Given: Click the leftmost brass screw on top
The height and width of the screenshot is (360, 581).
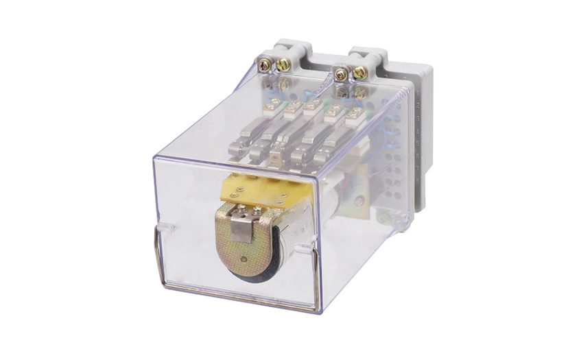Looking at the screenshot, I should click(x=264, y=65).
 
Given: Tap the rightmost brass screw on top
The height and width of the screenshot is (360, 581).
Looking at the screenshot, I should click(x=359, y=72).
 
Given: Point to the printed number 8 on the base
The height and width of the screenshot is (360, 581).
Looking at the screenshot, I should click(x=416, y=180).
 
